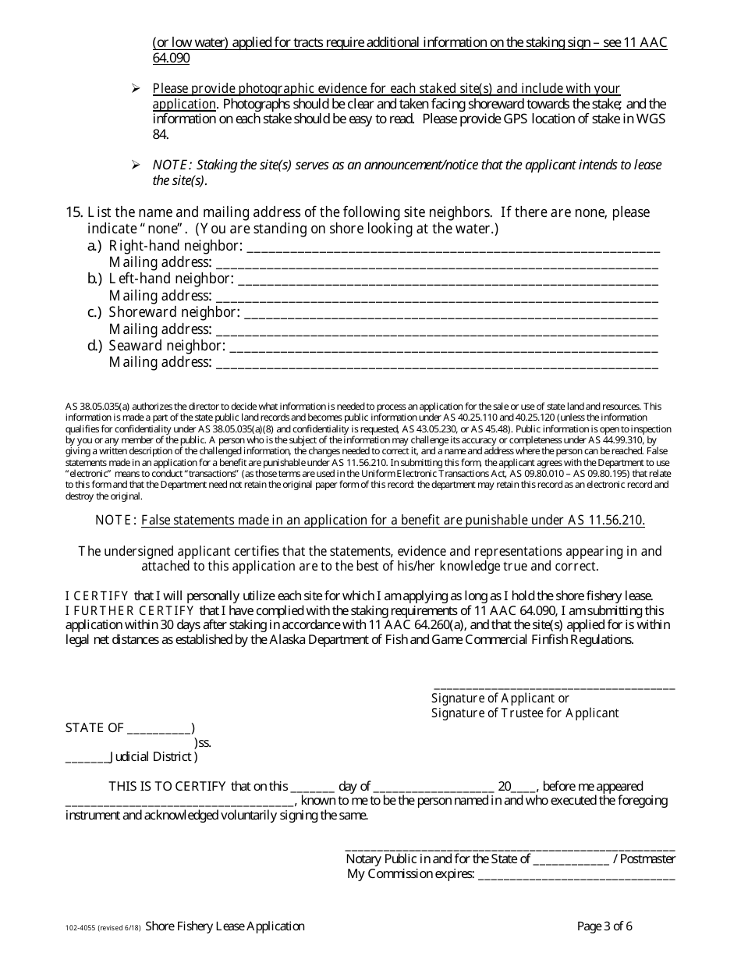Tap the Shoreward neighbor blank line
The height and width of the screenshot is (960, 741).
(452, 314)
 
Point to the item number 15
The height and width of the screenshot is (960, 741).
(74, 212)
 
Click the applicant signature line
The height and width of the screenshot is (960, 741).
(553, 686)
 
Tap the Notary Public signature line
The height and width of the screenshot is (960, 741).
(509, 847)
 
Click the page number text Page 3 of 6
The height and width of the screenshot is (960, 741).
(604, 926)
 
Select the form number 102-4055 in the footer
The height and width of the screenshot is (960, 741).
(82, 928)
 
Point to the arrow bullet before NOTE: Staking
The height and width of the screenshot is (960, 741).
(136, 165)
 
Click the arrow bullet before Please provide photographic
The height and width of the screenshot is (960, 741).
(136, 89)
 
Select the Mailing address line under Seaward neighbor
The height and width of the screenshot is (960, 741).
(437, 363)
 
